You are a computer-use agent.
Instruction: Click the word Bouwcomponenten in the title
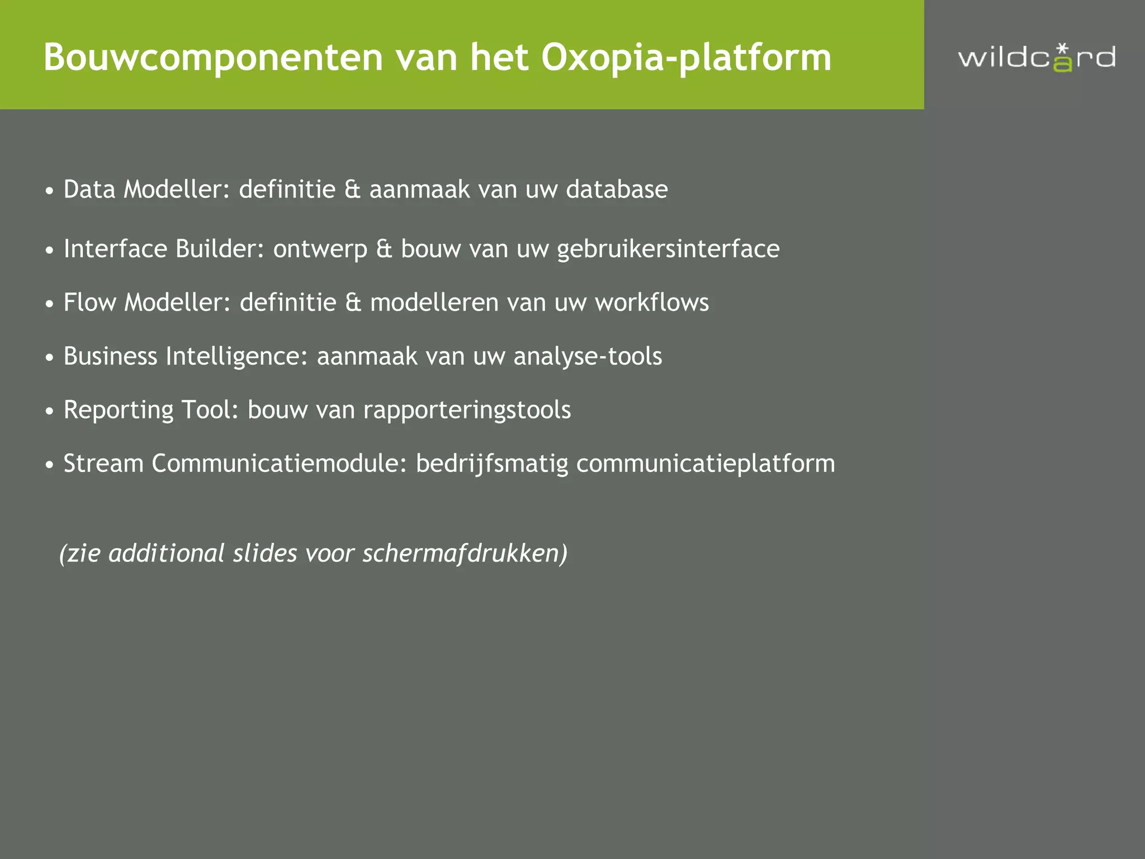213,58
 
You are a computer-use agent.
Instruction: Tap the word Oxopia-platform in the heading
686,58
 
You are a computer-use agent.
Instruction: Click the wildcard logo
1037,58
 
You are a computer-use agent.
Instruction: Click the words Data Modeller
146,190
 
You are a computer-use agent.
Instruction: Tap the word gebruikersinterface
668,249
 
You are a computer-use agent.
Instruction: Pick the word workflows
652,303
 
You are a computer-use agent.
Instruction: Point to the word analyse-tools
588,356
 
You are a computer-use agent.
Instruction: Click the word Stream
103,464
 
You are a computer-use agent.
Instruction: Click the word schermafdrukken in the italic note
464,554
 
